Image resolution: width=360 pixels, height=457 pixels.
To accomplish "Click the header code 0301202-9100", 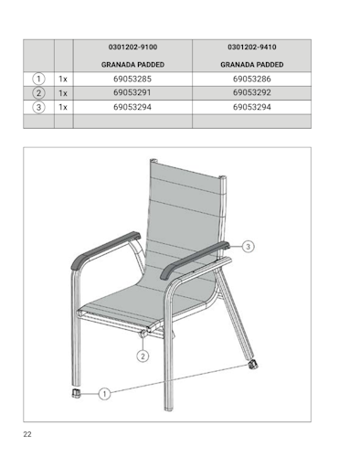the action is click(132, 48).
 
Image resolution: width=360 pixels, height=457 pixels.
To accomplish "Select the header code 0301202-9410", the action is click(251, 48).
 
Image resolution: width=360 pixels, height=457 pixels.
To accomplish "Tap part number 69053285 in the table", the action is click(132, 80).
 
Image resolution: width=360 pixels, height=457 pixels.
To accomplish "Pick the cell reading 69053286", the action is click(251, 80).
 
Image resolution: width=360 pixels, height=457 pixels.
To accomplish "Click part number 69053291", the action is click(132, 93).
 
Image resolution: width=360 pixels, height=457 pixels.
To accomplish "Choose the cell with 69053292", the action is click(251, 93).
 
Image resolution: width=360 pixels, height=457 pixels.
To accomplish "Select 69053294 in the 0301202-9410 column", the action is click(251, 107).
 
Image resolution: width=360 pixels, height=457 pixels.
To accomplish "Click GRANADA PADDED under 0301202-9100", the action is click(132, 65).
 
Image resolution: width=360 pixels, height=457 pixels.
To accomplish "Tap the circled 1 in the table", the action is click(38, 80).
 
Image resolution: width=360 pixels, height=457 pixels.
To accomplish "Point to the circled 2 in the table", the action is click(38, 93).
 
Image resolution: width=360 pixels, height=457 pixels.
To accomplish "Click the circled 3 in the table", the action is click(38, 107).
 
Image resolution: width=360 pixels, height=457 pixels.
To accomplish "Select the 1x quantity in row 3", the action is click(63, 107).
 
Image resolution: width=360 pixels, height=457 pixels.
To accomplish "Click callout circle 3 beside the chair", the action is click(249, 246).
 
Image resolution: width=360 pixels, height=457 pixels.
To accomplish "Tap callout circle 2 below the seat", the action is click(143, 356).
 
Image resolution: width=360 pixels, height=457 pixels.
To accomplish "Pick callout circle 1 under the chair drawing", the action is click(105, 394).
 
